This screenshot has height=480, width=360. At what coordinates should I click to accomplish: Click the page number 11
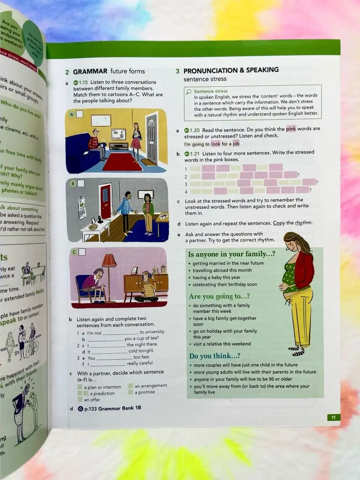333,418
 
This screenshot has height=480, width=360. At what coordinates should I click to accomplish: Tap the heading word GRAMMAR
90,71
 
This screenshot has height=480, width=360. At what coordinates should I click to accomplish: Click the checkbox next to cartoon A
80,114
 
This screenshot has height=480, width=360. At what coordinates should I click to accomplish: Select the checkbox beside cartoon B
81,184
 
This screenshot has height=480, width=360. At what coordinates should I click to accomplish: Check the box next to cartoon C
82,252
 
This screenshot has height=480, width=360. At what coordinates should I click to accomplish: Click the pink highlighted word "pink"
291,129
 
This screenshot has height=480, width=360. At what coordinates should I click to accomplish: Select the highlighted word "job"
236,144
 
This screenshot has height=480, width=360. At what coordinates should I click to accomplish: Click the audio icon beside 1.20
186,130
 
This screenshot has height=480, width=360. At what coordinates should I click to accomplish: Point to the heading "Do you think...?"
215,356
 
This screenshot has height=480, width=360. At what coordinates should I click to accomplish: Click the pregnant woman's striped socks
298,351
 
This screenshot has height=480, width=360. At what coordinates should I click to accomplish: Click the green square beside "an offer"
80,399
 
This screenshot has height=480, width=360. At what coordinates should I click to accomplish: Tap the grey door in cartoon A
152,138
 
